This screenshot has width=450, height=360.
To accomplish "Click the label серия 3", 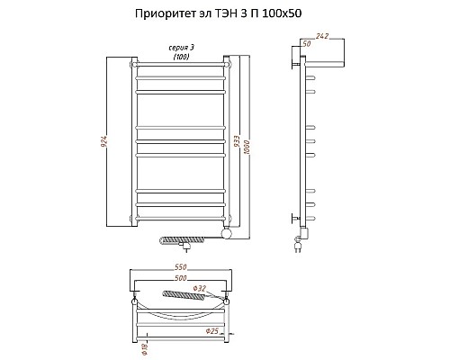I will tap(181, 47).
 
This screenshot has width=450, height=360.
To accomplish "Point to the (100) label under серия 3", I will tap(181, 57).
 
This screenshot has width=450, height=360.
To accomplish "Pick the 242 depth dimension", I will tap(322, 35).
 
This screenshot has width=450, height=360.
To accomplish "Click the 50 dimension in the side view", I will tap(306, 43).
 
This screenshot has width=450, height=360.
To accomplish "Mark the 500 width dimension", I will tap(182, 280).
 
